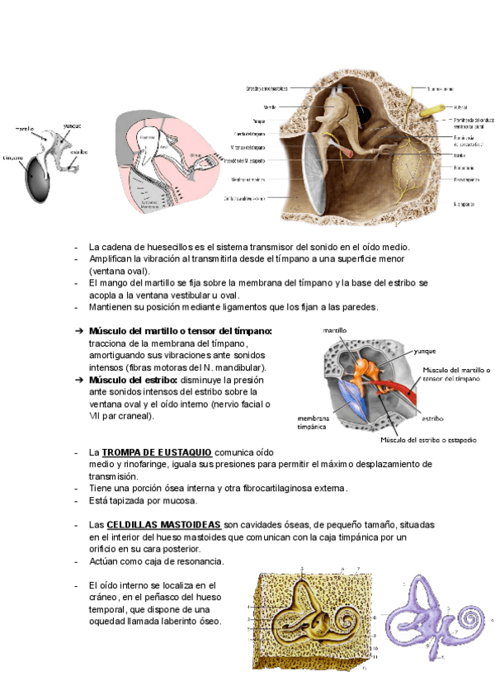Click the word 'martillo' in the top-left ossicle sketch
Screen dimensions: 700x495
pyautogui.click(x=24, y=129)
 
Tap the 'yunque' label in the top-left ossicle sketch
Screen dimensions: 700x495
pyautogui.click(x=73, y=125)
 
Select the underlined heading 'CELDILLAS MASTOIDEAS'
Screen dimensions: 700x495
pyautogui.click(x=163, y=525)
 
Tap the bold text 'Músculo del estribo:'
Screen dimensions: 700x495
pyautogui.click(x=132, y=380)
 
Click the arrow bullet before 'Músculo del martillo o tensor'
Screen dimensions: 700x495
pyautogui.click(x=79, y=331)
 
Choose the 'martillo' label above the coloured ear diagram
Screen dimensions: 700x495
pyautogui.click(x=334, y=330)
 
